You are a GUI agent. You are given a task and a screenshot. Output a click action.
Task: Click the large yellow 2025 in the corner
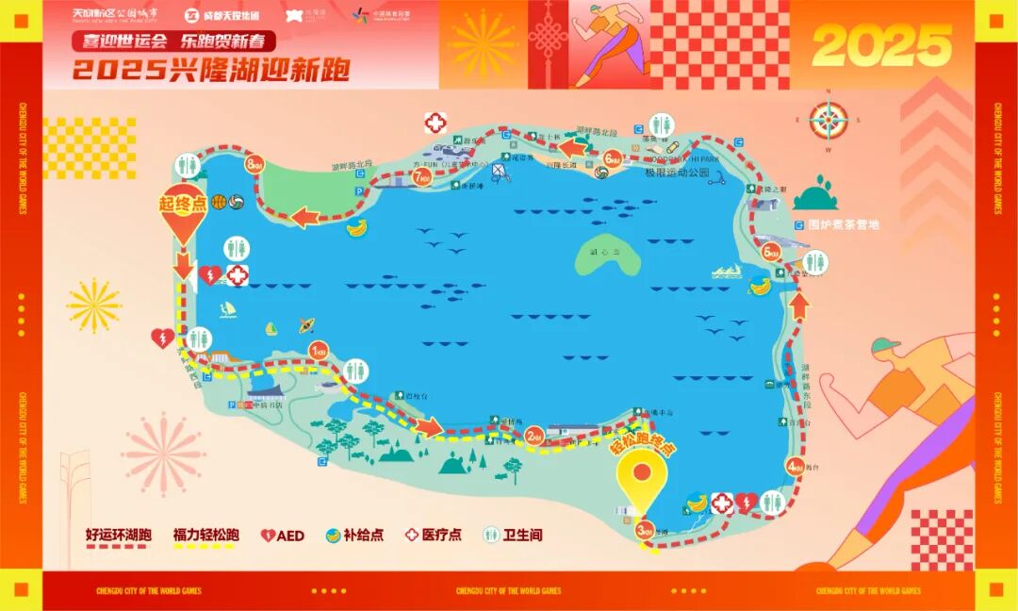click(x=881, y=44)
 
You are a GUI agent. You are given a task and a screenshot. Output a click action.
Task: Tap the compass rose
click(x=829, y=120)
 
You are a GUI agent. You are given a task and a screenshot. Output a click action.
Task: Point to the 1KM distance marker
click(x=319, y=351)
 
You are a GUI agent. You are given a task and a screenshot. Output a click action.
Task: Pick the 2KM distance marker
click(x=534, y=436)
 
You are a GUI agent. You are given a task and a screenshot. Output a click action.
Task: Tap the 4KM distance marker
click(x=796, y=466)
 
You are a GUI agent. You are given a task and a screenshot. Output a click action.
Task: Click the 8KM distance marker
click(x=254, y=165)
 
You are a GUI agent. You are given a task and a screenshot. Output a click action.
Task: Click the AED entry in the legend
click(x=283, y=536)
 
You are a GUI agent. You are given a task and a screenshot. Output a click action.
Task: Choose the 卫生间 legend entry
click(x=515, y=535)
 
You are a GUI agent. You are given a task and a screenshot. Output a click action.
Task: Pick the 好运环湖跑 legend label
click(x=117, y=535)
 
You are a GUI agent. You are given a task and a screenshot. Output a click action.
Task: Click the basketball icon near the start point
click(x=219, y=202)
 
